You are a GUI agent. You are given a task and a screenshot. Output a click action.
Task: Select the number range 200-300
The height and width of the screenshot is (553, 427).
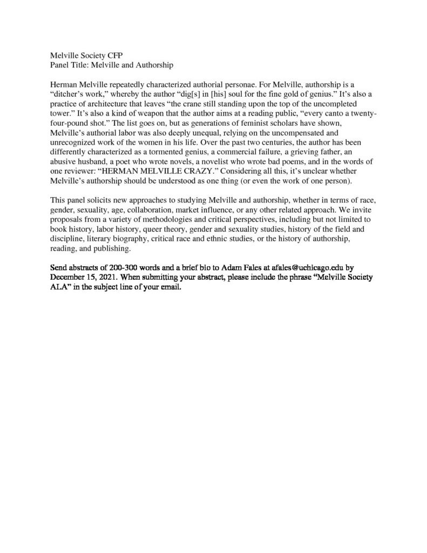tap(125, 267)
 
